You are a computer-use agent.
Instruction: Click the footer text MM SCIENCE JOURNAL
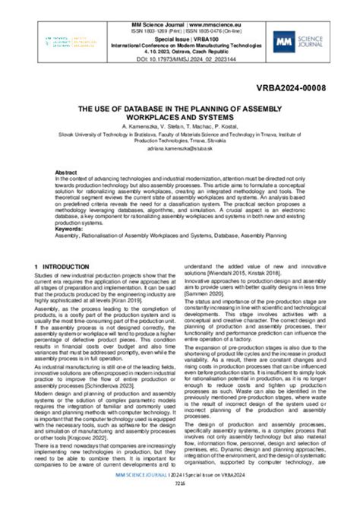(x=139, y=496)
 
